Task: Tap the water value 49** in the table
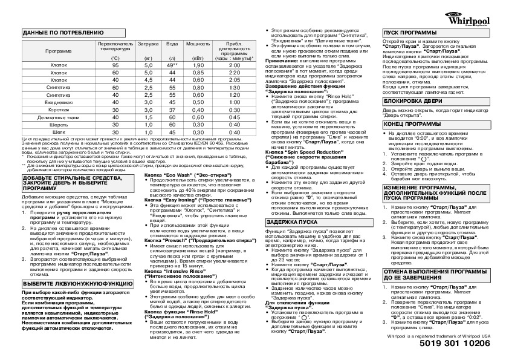(172, 65)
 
